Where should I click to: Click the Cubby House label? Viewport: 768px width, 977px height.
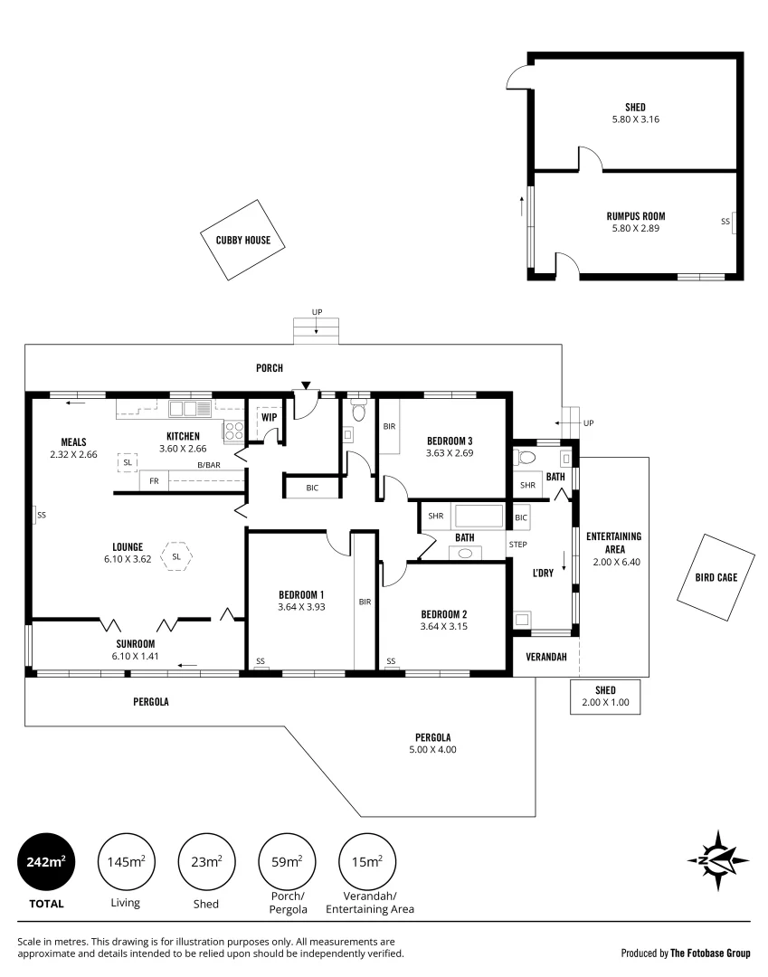236,241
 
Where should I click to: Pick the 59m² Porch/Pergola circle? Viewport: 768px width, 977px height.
288,862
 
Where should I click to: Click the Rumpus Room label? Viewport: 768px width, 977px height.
635,216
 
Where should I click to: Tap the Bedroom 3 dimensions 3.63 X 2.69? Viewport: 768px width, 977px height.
450,453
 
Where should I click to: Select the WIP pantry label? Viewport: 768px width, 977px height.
269,417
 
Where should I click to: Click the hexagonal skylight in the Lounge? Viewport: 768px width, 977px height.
176,556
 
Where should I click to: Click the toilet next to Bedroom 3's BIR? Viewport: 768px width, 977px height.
359,413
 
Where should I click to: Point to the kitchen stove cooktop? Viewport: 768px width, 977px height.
234,430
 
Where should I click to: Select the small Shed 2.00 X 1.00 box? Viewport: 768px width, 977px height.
605,696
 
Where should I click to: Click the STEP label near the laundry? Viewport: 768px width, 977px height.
517,545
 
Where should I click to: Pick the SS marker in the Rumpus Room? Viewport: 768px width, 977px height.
725,221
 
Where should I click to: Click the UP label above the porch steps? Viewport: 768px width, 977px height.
317,312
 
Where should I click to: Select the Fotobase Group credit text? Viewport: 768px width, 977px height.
685,953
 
